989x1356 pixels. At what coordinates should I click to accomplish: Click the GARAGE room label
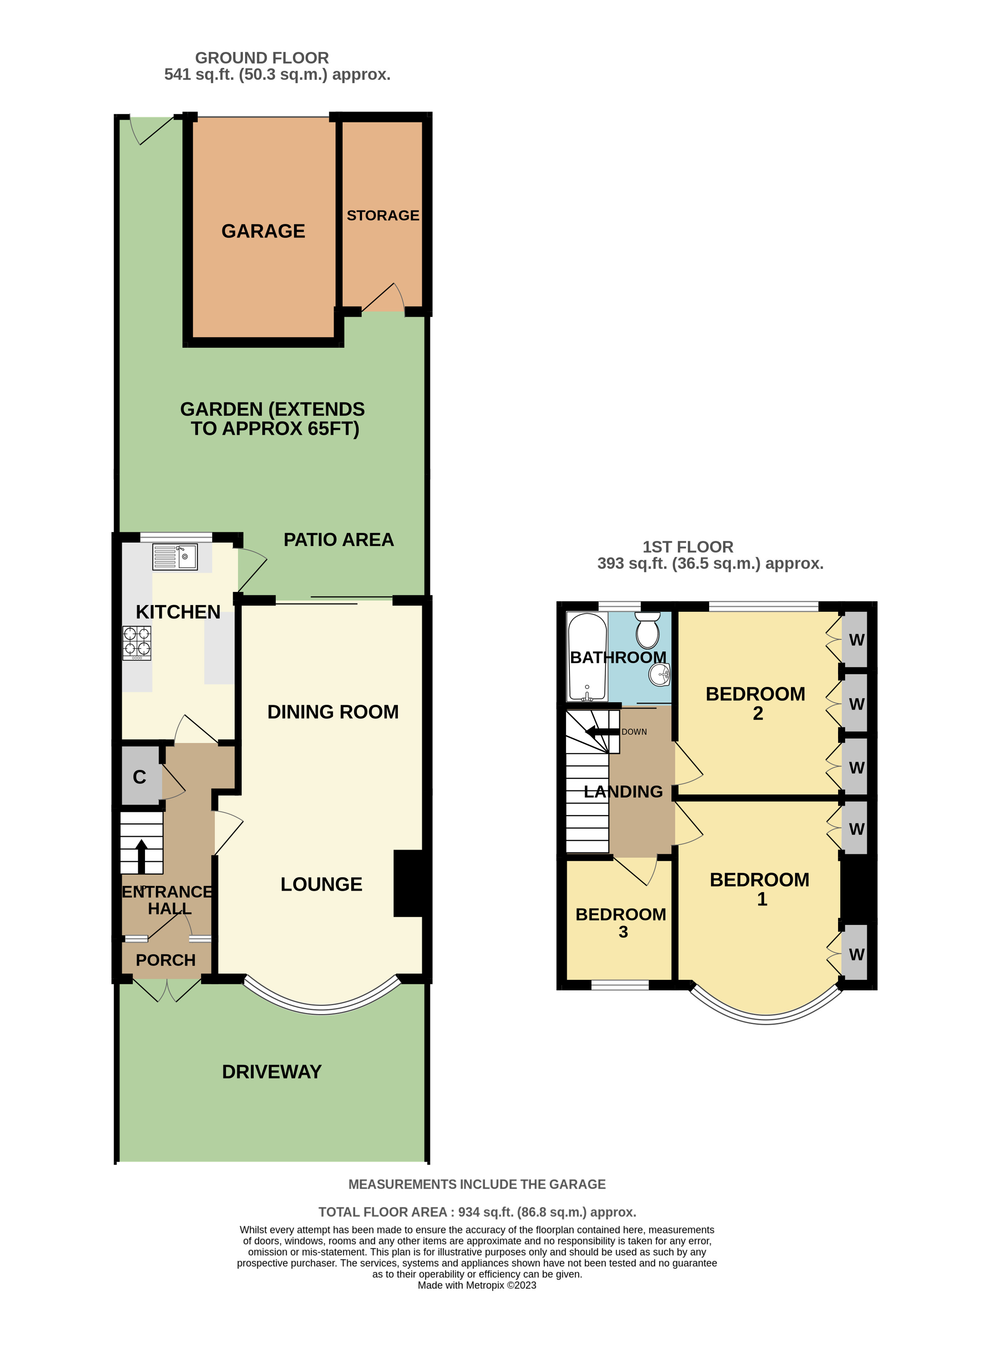263,231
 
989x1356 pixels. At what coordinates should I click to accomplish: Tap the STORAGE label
383,215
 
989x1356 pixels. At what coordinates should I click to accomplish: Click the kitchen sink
175,557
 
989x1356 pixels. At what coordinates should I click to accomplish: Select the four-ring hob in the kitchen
136,642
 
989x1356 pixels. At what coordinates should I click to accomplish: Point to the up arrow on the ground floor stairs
141,856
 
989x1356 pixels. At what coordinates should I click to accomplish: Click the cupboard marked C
139,777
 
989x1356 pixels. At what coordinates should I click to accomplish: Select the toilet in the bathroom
648,631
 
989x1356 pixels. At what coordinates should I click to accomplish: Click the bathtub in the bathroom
587,657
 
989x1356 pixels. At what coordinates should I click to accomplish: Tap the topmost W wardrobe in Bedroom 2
856,639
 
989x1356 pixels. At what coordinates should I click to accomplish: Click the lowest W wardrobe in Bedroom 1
856,954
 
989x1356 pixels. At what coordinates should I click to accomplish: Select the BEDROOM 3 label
621,922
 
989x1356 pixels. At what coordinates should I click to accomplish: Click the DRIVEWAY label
272,1072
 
